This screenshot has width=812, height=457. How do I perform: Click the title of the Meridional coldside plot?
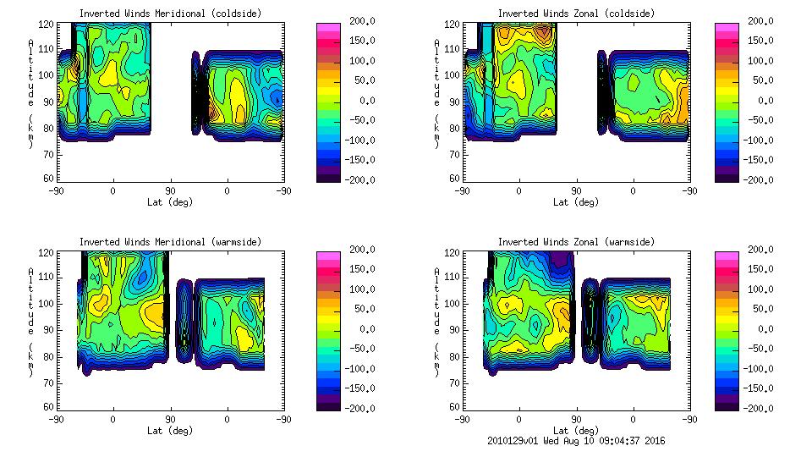click(170, 14)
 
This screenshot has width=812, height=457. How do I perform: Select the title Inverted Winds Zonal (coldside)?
click(576, 14)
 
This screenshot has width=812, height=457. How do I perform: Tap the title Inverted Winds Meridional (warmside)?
click(170, 242)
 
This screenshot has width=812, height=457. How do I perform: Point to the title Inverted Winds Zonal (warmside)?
click(576, 242)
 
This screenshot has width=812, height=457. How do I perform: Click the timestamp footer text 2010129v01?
click(513, 441)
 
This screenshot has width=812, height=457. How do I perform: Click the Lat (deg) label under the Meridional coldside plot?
click(169, 202)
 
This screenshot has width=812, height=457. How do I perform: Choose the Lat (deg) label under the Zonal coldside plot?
click(575, 202)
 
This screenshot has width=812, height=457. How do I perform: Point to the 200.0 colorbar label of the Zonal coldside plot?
click(756, 21)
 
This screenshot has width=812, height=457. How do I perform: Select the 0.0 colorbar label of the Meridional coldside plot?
click(351, 101)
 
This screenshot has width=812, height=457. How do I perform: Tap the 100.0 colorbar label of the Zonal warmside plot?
click(756, 289)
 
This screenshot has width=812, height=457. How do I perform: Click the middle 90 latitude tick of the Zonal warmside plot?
click(576, 419)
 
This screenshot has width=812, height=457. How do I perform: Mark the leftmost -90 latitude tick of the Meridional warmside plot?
click(56, 419)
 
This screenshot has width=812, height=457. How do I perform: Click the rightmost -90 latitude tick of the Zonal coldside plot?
click(689, 190)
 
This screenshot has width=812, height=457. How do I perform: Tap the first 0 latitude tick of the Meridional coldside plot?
click(112, 190)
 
